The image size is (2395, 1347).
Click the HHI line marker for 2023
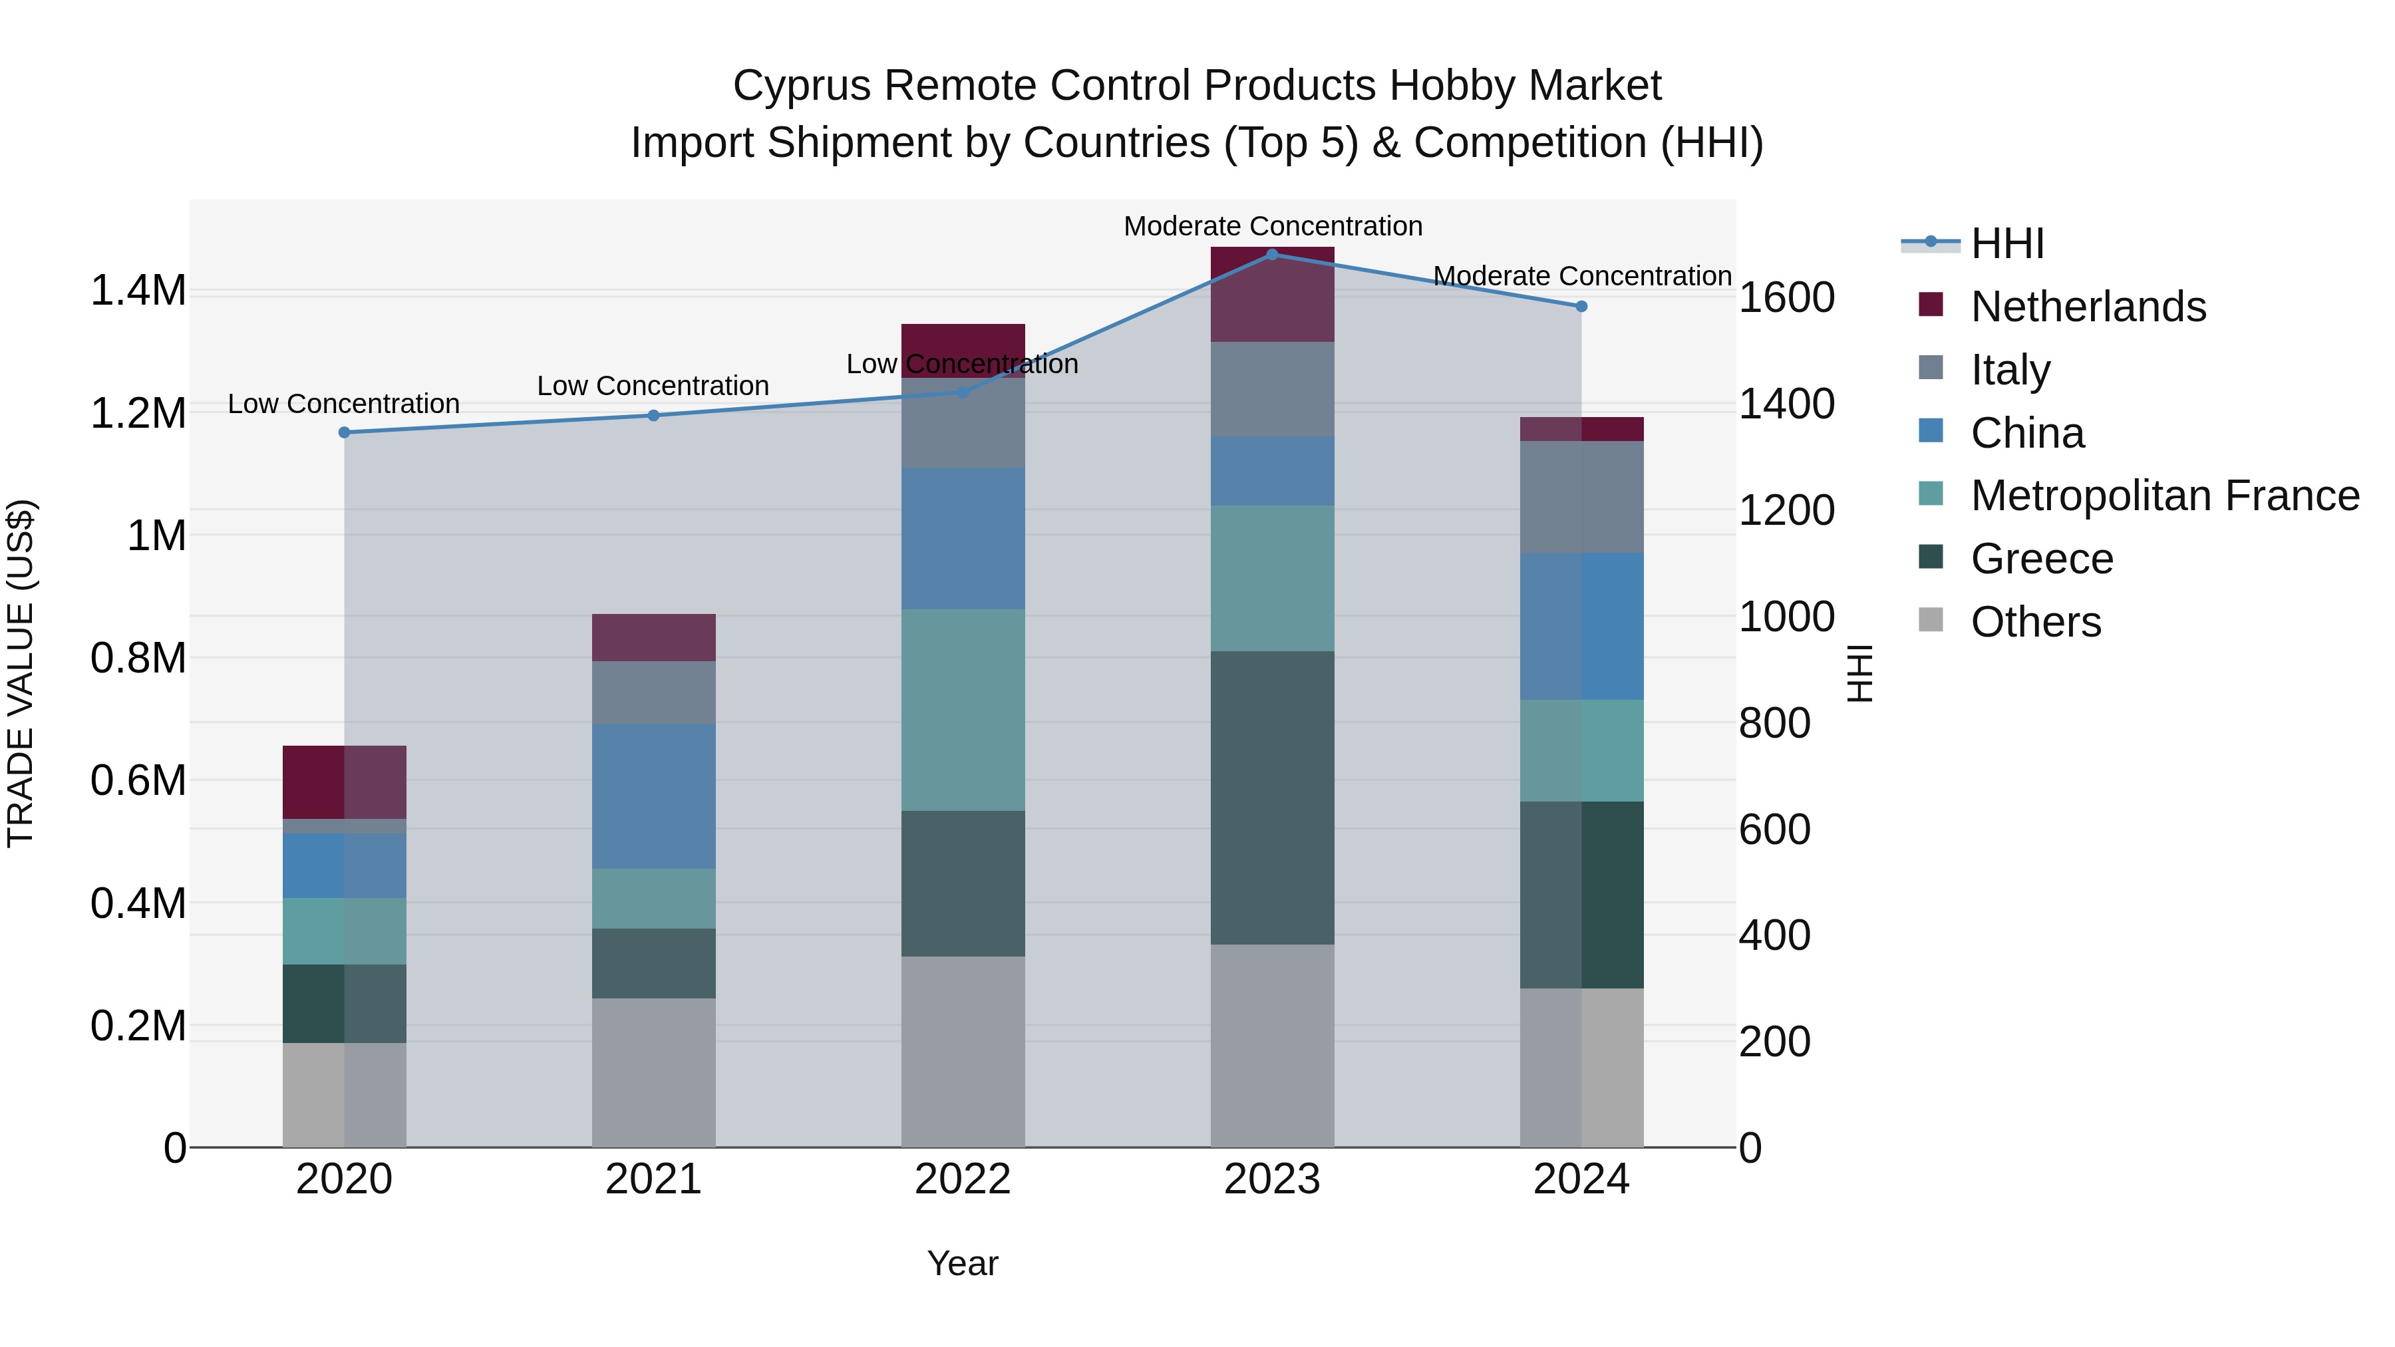click(1272, 254)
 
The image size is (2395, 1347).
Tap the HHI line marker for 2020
click(344, 432)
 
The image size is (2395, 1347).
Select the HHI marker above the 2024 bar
click(1581, 306)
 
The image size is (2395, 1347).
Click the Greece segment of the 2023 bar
click(1272, 798)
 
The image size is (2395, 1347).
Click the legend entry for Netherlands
click(2087, 307)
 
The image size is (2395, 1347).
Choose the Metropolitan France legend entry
click(2164, 496)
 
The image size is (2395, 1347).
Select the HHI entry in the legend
click(2006, 243)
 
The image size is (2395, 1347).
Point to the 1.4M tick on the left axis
click(138, 291)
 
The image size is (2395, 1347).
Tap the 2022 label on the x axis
click(962, 1179)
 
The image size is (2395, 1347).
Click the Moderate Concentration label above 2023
click(1272, 226)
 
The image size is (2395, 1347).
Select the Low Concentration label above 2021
click(653, 386)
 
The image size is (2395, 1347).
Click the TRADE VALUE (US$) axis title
click(21, 673)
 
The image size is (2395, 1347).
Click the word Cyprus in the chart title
click(802, 86)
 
